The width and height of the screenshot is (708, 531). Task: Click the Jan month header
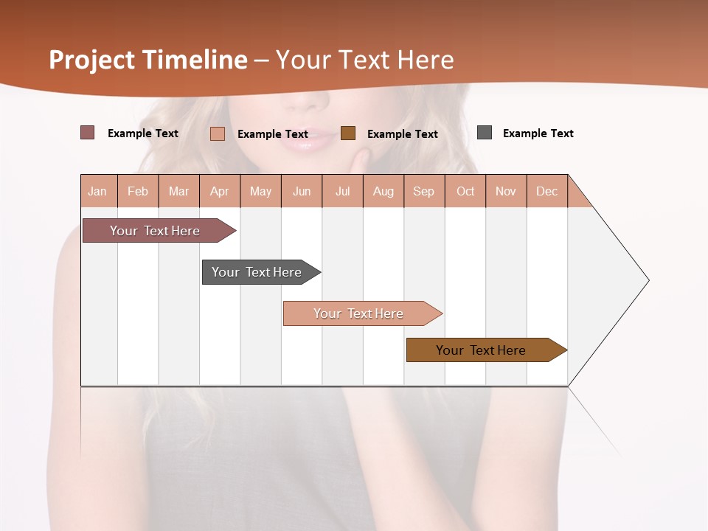(98, 191)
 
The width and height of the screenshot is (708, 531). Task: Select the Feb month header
(138, 191)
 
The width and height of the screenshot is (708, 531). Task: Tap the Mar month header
(178, 191)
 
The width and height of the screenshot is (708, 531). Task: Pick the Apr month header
(220, 191)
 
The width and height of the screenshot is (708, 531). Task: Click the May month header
(260, 191)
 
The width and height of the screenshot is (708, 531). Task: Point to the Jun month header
(302, 191)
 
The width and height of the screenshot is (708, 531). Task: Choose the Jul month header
(342, 191)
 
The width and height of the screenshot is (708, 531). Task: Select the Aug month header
(383, 191)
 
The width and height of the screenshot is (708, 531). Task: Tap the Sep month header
(424, 191)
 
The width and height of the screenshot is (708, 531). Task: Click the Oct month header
(465, 191)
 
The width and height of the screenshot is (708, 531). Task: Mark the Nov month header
(506, 191)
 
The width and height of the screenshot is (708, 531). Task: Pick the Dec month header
(547, 191)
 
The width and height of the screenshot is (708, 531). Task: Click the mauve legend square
(88, 133)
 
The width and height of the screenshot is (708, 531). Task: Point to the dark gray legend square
(485, 133)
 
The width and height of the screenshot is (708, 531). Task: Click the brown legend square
(348, 133)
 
